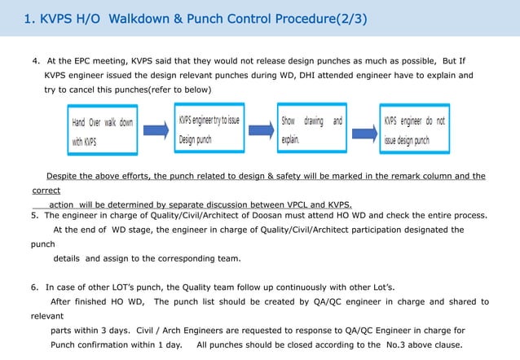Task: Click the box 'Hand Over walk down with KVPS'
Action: (102, 131)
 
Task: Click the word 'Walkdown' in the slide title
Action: (143, 18)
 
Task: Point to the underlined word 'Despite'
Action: (62, 176)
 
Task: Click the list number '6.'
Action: (35, 288)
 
